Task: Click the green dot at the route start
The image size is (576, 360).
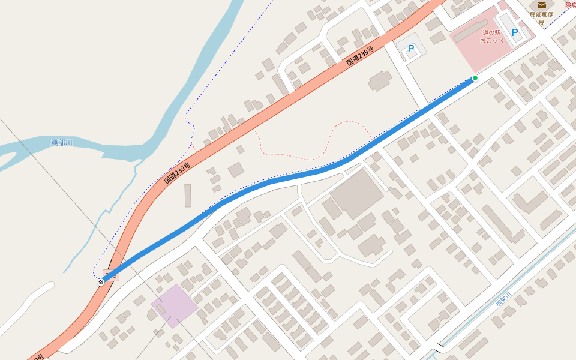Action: click(475, 78)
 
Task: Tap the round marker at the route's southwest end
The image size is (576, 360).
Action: click(101, 281)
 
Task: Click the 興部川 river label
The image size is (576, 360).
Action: click(61, 142)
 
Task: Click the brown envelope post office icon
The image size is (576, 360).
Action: click(541, 5)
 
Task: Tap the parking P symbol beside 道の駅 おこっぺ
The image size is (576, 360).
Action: click(514, 32)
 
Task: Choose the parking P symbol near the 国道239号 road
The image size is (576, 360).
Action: click(411, 49)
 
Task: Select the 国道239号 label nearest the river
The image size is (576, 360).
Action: click(177, 173)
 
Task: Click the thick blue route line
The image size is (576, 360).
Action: click(288, 178)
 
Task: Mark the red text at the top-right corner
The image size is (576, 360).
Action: click(570, 5)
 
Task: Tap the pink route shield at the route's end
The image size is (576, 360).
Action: click(111, 275)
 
